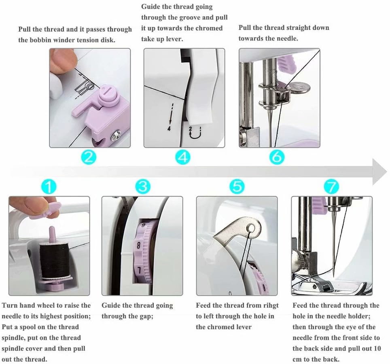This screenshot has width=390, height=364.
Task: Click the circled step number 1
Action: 49,186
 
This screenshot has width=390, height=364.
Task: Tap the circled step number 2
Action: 89,157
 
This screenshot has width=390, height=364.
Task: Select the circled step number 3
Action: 143,186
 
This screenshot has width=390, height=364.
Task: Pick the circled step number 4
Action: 183,157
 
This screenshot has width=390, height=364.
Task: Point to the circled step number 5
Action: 237,186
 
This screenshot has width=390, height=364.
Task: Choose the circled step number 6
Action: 277,157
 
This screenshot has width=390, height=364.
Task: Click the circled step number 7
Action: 331,186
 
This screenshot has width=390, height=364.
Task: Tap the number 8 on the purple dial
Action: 138,245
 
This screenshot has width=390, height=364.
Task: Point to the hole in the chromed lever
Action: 252,228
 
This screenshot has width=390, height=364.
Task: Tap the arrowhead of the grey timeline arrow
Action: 379,172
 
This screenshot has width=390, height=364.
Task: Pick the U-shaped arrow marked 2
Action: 195,133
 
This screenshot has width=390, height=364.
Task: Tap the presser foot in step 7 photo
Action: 331,286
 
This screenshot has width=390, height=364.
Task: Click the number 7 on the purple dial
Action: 139,270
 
